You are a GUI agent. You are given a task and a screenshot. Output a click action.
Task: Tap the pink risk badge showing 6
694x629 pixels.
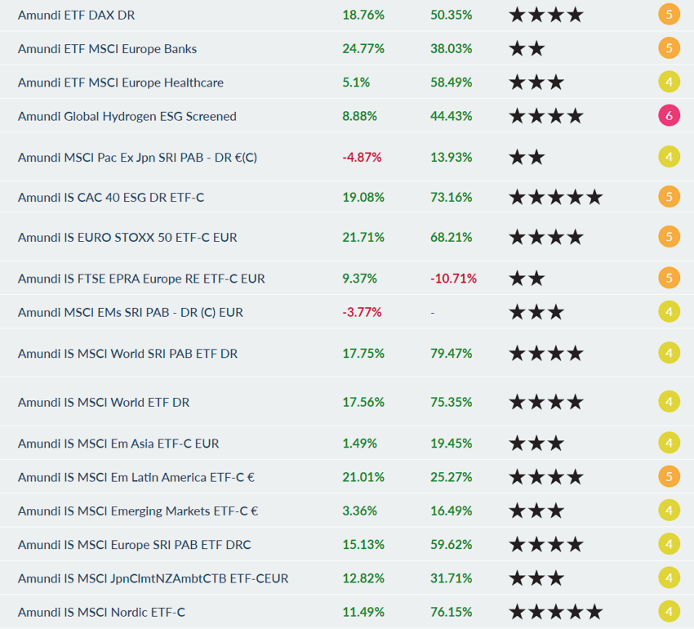(x=669, y=116)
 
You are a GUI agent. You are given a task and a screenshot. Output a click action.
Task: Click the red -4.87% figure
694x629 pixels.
(x=363, y=157)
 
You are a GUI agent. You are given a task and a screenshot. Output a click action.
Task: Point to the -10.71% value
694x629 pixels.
(x=453, y=279)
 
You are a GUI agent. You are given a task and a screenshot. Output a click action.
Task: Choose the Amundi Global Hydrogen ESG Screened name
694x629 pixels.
(x=127, y=116)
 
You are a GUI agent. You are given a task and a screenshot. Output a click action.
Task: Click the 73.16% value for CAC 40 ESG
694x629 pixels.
(x=451, y=197)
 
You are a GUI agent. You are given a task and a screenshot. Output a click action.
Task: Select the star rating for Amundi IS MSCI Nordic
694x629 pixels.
(x=555, y=612)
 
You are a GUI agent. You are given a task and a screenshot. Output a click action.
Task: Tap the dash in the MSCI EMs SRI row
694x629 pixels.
(x=433, y=312)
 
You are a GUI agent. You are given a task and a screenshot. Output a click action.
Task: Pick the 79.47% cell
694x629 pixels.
(x=451, y=354)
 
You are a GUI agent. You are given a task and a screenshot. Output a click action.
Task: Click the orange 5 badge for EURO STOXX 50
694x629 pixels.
(x=669, y=237)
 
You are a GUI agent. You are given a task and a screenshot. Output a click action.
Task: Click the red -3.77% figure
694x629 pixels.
(x=363, y=312)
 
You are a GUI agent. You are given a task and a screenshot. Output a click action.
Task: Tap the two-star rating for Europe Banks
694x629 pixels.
(x=527, y=48)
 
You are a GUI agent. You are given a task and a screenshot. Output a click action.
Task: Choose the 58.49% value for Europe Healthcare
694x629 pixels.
(x=451, y=83)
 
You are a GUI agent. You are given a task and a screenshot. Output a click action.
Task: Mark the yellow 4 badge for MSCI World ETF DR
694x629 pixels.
(x=669, y=402)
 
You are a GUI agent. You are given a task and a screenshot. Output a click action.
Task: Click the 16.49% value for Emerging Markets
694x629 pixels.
(x=451, y=511)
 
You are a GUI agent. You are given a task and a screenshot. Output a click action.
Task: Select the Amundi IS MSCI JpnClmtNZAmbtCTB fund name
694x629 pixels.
(x=153, y=578)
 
